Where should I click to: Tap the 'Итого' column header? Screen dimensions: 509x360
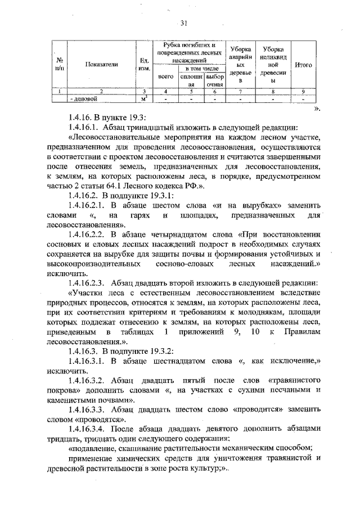(303, 65)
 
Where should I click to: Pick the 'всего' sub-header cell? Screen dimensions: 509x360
(166, 76)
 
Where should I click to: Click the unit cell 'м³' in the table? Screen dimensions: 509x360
(144, 99)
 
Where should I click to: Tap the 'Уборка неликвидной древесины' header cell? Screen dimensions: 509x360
(274, 65)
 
